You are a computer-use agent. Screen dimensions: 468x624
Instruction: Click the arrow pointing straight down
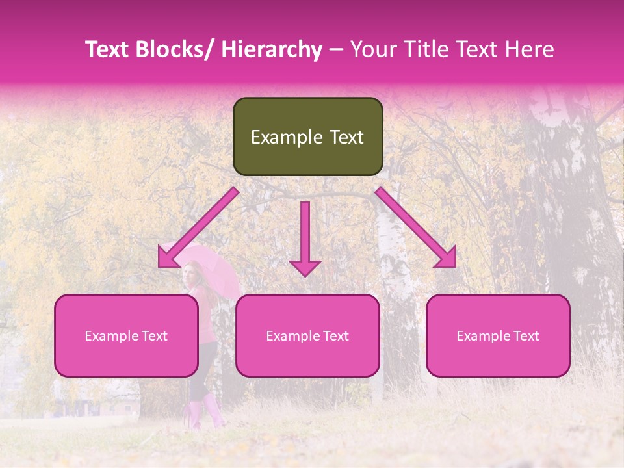pyautogui.click(x=305, y=240)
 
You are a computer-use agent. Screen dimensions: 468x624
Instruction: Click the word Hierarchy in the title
pyautogui.click(x=271, y=49)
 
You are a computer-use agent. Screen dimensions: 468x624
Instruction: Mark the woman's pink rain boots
pyautogui.click(x=204, y=413)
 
